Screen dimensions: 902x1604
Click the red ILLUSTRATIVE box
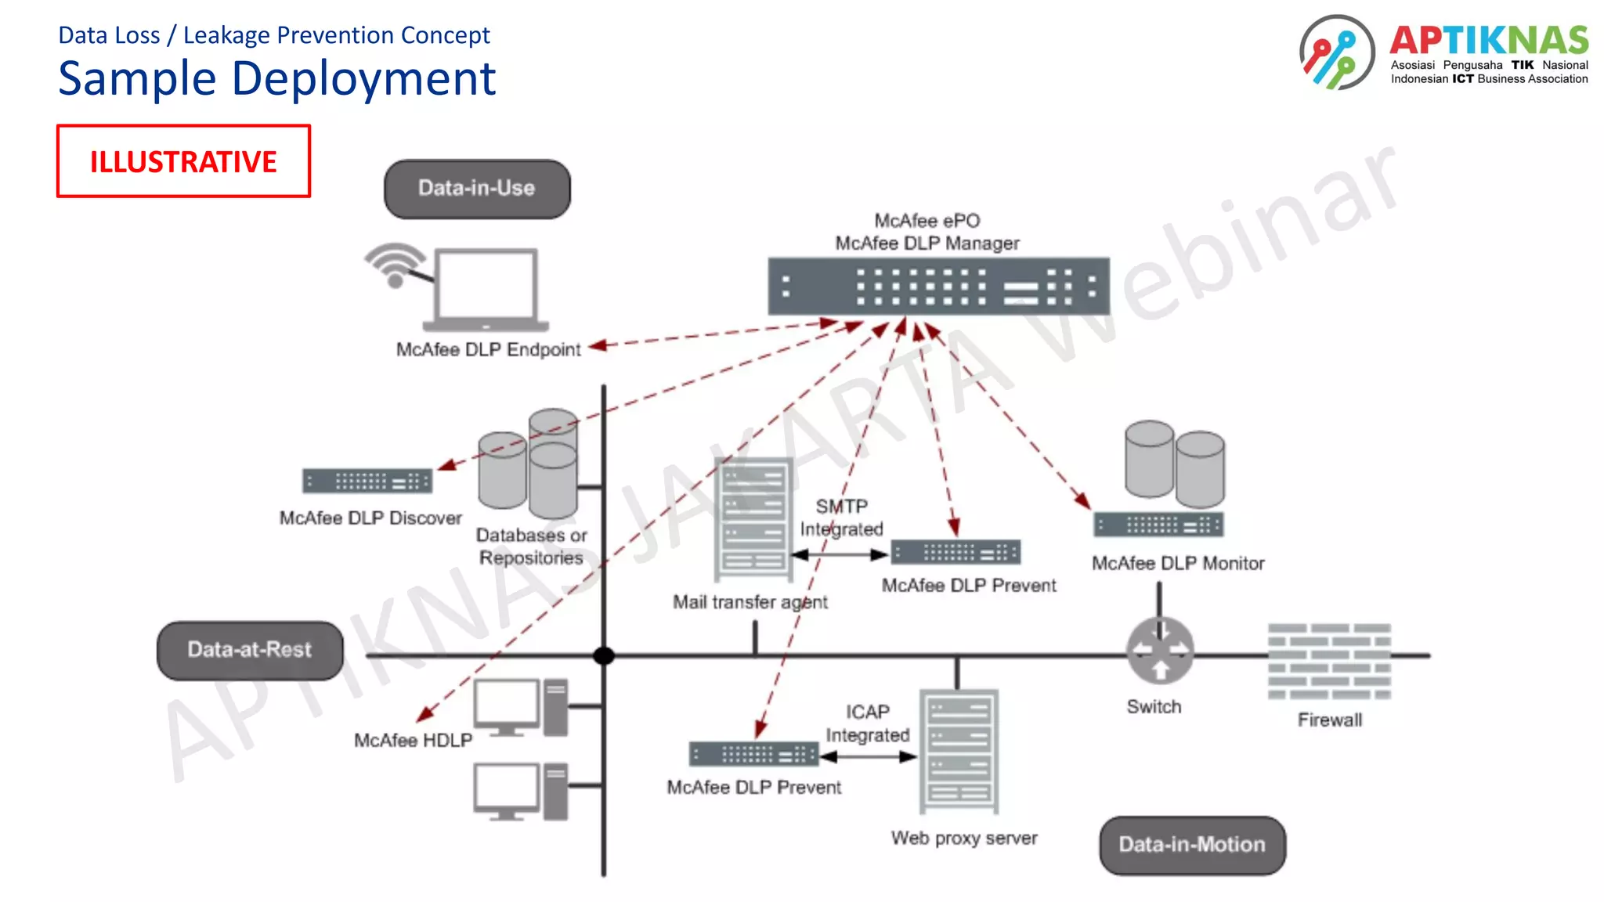pos(183,161)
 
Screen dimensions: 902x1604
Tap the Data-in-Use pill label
pos(477,189)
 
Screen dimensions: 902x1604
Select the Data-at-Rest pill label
pos(250,650)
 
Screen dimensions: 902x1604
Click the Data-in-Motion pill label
pos(1192,845)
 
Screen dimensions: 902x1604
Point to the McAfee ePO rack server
pos(938,287)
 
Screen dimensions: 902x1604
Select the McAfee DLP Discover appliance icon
pos(367,481)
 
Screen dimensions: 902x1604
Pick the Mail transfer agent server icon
pos(753,519)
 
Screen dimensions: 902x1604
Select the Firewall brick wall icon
pos(1329,662)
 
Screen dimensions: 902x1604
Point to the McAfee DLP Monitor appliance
pos(1158,525)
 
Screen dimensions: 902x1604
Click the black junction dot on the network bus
pos(604,656)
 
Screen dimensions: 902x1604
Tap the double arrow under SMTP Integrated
pos(840,555)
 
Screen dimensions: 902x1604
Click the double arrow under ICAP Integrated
pos(868,757)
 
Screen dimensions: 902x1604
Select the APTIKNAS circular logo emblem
pos(1337,52)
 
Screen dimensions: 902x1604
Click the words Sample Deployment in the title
pos(277,78)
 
